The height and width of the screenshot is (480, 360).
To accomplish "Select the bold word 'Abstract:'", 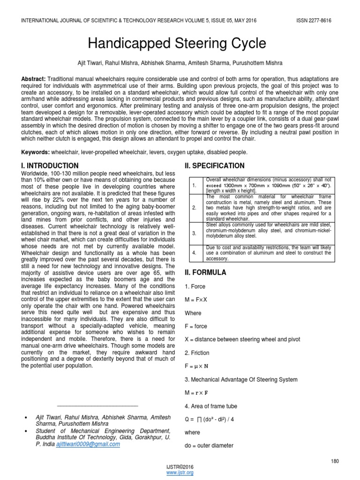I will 33,80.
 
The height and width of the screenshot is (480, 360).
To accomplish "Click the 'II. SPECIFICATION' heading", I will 215,165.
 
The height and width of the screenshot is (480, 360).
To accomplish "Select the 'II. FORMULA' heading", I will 206,272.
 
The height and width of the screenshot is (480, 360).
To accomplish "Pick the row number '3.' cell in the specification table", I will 194,233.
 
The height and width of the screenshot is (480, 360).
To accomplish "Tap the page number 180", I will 334,462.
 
